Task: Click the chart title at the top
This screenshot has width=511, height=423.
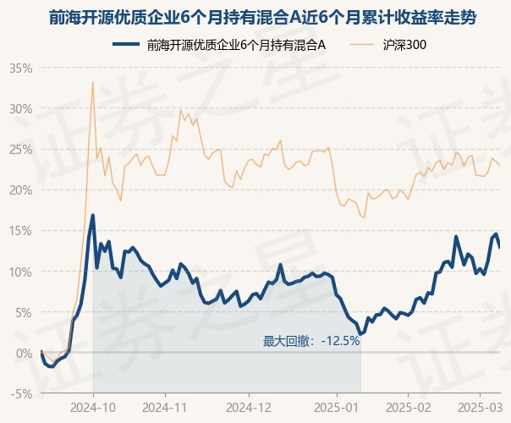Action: [x=262, y=18]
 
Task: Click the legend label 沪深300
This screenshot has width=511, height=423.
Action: [x=404, y=45]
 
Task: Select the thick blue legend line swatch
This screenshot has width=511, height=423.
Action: [x=126, y=44]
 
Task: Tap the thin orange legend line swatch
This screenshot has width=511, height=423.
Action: [x=361, y=45]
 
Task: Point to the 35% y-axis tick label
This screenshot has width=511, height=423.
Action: [x=21, y=69]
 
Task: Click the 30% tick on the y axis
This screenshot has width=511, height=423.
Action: [x=21, y=109]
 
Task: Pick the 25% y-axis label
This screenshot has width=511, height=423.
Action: [x=21, y=150]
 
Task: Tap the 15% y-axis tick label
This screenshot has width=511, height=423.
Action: [x=21, y=231]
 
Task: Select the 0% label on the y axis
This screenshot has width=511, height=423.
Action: [x=25, y=353]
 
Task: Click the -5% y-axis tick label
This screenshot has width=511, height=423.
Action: [x=21, y=393]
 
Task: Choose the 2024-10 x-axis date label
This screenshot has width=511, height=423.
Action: [x=93, y=408]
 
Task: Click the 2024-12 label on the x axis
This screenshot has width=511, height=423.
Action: [x=249, y=408]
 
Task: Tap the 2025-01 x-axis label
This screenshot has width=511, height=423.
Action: [x=337, y=408]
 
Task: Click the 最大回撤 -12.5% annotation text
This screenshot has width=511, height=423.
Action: [x=311, y=341]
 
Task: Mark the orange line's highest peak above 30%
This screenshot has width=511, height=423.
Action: [x=93, y=82]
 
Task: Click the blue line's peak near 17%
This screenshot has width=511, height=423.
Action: [x=93, y=215]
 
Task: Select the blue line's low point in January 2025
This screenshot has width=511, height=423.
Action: [x=360, y=334]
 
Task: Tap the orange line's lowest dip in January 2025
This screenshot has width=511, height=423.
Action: [x=364, y=217]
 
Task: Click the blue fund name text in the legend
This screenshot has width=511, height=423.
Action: [x=236, y=45]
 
